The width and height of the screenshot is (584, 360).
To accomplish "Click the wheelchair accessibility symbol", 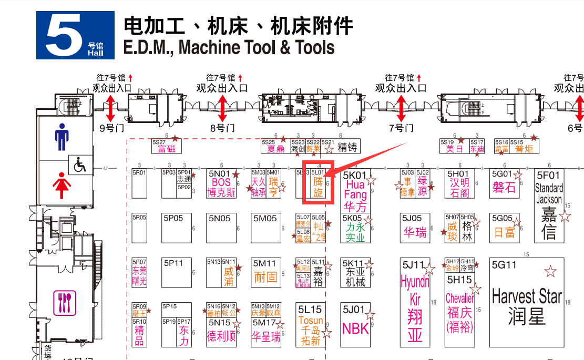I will click(x=80, y=166).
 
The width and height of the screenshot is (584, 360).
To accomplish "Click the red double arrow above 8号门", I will click(x=222, y=108).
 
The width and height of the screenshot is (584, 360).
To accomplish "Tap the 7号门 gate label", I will click(x=401, y=128).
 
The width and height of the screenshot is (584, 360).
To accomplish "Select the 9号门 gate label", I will click(x=111, y=128).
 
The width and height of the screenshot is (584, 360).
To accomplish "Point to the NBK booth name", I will click(x=355, y=328).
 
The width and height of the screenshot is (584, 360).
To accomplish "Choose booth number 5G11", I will click(x=505, y=265).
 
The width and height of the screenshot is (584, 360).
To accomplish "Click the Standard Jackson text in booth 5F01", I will click(x=549, y=193).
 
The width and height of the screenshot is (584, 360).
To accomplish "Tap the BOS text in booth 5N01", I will click(x=221, y=183).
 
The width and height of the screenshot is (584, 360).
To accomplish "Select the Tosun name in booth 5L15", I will click(x=310, y=321).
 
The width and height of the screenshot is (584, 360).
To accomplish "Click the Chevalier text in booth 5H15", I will click(x=460, y=299).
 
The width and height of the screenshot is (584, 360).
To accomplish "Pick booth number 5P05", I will click(x=173, y=218).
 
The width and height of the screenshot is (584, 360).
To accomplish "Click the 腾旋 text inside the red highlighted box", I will click(x=318, y=188).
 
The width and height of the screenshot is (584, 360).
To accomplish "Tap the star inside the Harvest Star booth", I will click(x=550, y=272).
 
